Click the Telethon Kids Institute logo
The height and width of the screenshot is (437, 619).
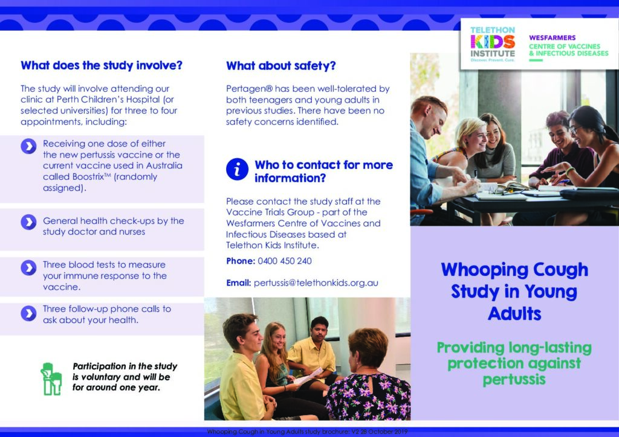[493, 44]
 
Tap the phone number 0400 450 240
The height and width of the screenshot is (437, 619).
[285, 261]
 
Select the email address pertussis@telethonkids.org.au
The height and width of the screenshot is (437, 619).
[316, 283]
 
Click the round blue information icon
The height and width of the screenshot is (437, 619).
[237, 170]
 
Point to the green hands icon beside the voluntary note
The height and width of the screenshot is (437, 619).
[51, 379]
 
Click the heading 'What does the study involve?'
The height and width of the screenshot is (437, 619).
[102, 65]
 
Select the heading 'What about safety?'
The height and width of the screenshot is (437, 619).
[280, 66]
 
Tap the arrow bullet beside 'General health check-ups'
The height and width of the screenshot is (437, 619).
[28, 222]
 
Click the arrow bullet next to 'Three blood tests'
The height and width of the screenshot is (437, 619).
[28, 268]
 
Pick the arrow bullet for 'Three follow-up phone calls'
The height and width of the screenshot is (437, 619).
[28, 314]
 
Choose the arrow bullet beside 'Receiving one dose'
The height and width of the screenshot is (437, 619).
[28, 146]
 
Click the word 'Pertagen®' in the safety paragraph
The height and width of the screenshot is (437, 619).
[249, 89]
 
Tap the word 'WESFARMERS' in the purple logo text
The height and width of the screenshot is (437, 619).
[553, 38]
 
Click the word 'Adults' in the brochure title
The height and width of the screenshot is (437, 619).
[514, 314]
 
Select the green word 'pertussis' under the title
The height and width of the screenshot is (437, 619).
[514, 380]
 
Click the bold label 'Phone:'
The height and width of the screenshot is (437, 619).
[241, 261]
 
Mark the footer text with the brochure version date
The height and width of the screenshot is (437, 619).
[307, 432]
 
